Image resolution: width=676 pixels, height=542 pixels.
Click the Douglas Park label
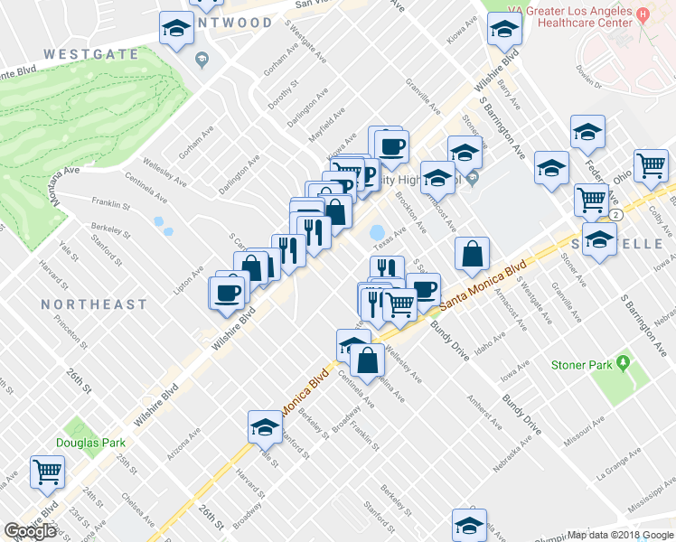[90, 443]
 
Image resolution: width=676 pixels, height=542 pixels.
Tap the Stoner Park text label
[580, 365]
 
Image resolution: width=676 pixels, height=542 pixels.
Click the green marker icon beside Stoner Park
[623, 364]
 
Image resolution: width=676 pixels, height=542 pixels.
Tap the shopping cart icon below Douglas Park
[47, 471]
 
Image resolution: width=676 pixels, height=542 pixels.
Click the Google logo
[30, 531]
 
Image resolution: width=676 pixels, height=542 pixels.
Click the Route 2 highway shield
[614, 215]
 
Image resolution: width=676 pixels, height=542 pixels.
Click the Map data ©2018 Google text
[621, 535]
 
